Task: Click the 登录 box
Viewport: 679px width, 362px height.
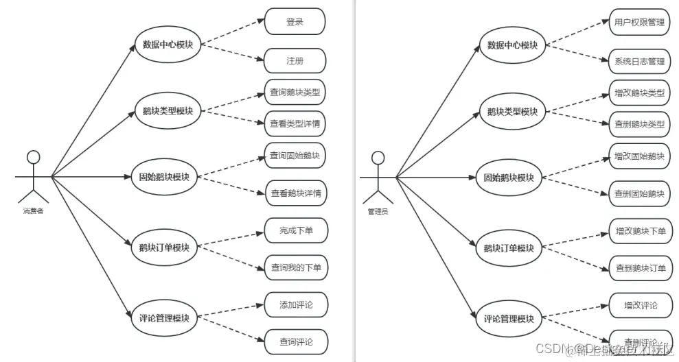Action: (x=295, y=21)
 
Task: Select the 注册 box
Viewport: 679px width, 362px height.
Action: (x=295, y=61)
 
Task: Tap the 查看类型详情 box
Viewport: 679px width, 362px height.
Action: (x=295, y=123)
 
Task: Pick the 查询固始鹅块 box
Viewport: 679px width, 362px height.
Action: (x=295, y=156)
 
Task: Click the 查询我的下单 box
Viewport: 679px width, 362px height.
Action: (x=295, y=267)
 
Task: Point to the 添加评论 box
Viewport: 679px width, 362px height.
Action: (x=295, y=304)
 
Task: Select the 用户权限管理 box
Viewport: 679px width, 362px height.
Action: (x=639, y=22)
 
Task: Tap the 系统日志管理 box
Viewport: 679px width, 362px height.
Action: (x=639, y=61)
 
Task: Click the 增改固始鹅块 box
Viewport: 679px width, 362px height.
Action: (x=639, y=156)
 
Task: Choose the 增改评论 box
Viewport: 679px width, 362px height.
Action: (x=640, y=304)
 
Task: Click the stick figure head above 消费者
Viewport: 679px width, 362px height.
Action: (x=32, y=158)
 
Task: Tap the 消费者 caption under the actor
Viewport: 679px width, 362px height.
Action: (x=32, y=211)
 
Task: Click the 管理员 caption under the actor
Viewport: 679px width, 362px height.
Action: (x=378, y=211)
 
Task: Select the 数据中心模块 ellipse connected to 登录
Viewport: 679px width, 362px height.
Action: (x=167, y=45)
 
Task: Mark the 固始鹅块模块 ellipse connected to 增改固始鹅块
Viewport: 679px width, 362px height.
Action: (x=509, y=178)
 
